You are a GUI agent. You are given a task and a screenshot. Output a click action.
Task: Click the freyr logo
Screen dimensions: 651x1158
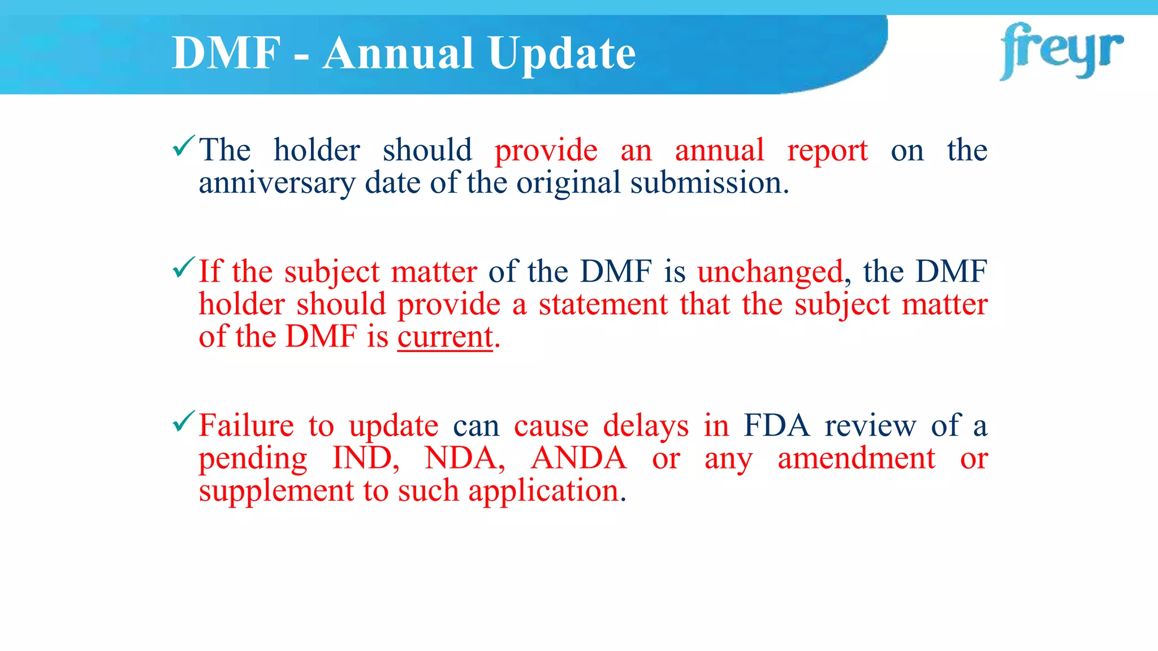coord(1061,51)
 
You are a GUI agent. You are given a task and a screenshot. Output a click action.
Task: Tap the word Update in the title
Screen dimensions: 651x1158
coord(562,53)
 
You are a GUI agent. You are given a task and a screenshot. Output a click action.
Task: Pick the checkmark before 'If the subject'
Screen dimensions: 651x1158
coord(184,267)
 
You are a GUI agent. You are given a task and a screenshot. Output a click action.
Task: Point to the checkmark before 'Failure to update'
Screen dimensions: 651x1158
coord(184,422)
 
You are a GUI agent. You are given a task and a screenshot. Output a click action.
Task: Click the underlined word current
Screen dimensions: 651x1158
coord(445,337)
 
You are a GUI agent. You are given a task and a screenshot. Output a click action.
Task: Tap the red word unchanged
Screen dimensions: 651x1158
coord(770,272)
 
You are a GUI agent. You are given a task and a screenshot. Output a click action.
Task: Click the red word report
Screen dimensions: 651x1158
coord(827,151)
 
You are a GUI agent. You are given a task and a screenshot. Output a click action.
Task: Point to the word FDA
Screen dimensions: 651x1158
coord(777,425)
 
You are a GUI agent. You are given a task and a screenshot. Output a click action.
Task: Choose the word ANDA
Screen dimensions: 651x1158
coord(578,458)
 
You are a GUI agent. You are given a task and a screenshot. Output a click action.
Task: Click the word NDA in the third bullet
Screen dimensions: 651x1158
coord(464,458)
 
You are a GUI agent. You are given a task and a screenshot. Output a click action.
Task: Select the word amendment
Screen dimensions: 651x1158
coord(856,458)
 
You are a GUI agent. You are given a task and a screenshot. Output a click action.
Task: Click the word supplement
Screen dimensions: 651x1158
coord(276,491)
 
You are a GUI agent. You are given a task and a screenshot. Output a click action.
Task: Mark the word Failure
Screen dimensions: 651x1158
coord(246,425)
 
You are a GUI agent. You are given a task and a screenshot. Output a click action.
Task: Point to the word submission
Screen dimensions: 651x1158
coord(709,183)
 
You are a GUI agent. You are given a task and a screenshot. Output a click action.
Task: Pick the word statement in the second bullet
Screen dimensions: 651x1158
coord(603,304)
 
